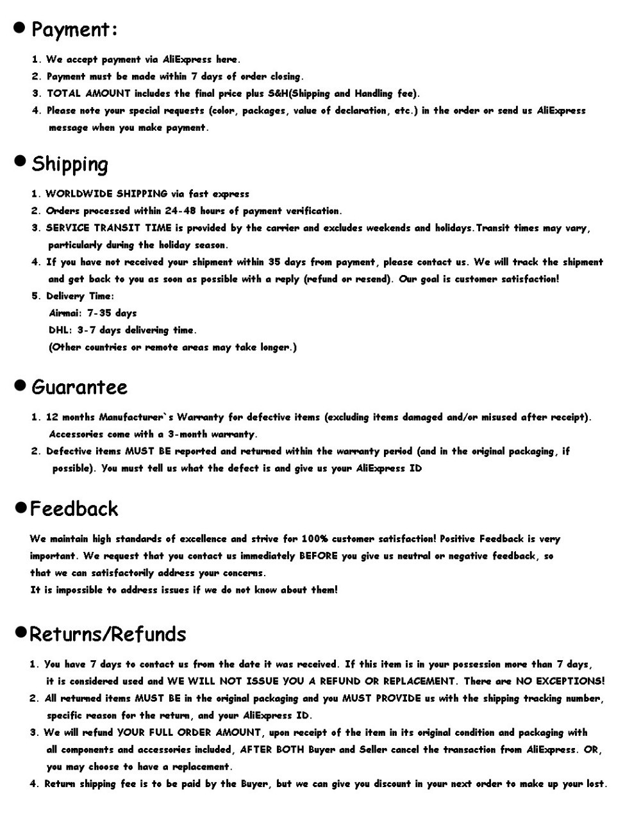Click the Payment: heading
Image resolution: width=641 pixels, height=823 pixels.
(x=74, y=29)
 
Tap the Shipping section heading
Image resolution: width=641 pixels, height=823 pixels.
(x=70, y=164)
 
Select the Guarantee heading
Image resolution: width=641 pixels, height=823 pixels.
(x=79, y=387)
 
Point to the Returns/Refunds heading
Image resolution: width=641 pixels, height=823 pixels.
(x=108, y=634)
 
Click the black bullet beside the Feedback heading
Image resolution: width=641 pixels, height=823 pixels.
(x=21, y=508)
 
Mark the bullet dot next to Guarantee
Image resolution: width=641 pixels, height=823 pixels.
(x=21, y=385)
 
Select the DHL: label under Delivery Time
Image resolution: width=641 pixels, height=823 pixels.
(x=60, y=330)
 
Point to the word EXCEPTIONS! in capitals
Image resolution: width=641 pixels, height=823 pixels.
(x=570, y=681)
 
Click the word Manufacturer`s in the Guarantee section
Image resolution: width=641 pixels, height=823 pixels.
(x=135, y=417)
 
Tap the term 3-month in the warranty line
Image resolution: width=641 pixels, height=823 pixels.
(x=187, y=434)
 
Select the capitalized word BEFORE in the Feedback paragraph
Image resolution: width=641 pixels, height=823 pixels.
(x=319, y=556)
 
